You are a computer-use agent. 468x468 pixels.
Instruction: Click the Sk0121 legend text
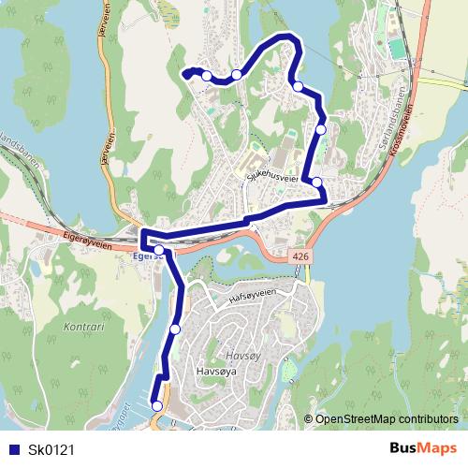(x=51, y=450)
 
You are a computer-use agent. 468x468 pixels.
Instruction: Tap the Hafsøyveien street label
(x=254, y=296)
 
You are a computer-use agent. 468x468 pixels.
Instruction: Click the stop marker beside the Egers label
(x=159, y=250)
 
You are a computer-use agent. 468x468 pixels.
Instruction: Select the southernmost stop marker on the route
(x=156, y=405)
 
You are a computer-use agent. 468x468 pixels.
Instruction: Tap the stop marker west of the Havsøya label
(x=175, y=329)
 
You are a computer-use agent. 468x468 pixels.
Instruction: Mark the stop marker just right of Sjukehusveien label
(x=317, y=183)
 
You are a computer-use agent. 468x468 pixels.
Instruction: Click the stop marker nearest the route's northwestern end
(x=207, y=76)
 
